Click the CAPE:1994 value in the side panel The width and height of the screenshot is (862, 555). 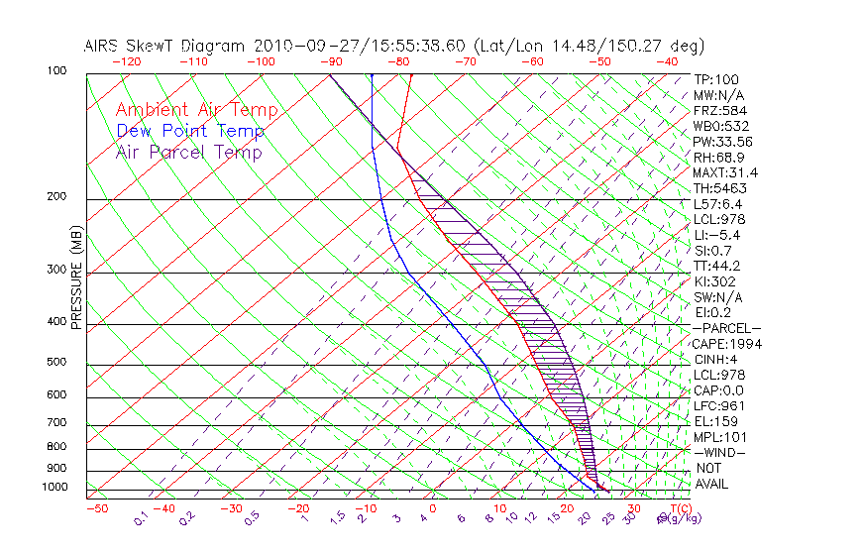click(x=724, y=344)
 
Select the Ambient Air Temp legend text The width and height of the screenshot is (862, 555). click(x=196, y=110)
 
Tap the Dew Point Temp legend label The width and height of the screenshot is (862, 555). click(x=190, y=131)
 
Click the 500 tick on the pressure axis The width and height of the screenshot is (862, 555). click(x=56, y=363)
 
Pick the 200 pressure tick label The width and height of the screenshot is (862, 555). click(x=56, y=197)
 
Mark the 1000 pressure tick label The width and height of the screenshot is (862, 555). click(x=54, y=488)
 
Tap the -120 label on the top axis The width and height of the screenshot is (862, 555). click(x=127, y=61)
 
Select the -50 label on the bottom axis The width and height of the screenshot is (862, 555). click(x=96, y=508)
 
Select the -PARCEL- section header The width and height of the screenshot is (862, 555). click(x=727, y=328)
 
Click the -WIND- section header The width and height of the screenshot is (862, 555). click(x=720, y=452)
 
